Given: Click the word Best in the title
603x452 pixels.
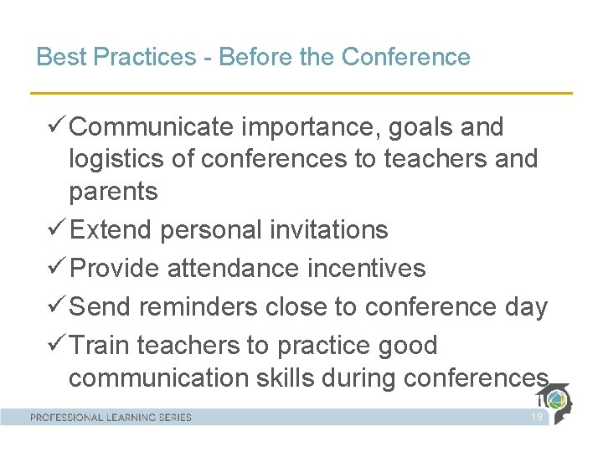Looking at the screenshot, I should coord(57,57).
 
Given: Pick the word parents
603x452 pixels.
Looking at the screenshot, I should coord(113,192).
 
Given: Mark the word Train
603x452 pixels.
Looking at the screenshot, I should coord(99,345).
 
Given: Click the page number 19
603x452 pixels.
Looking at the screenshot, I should coord(537,417).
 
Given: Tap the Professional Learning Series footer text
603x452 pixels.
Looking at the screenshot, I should coord(111,417).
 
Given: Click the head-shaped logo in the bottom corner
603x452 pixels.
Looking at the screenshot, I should coord(557,403).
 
